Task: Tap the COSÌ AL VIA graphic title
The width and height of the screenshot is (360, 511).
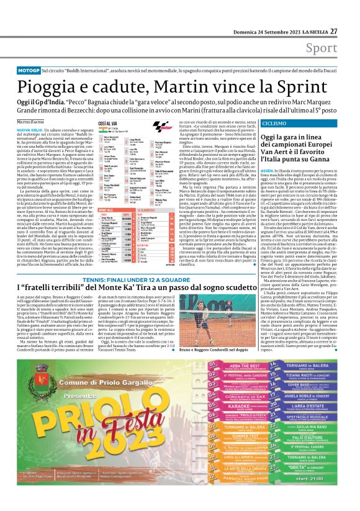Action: coord(112,142)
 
